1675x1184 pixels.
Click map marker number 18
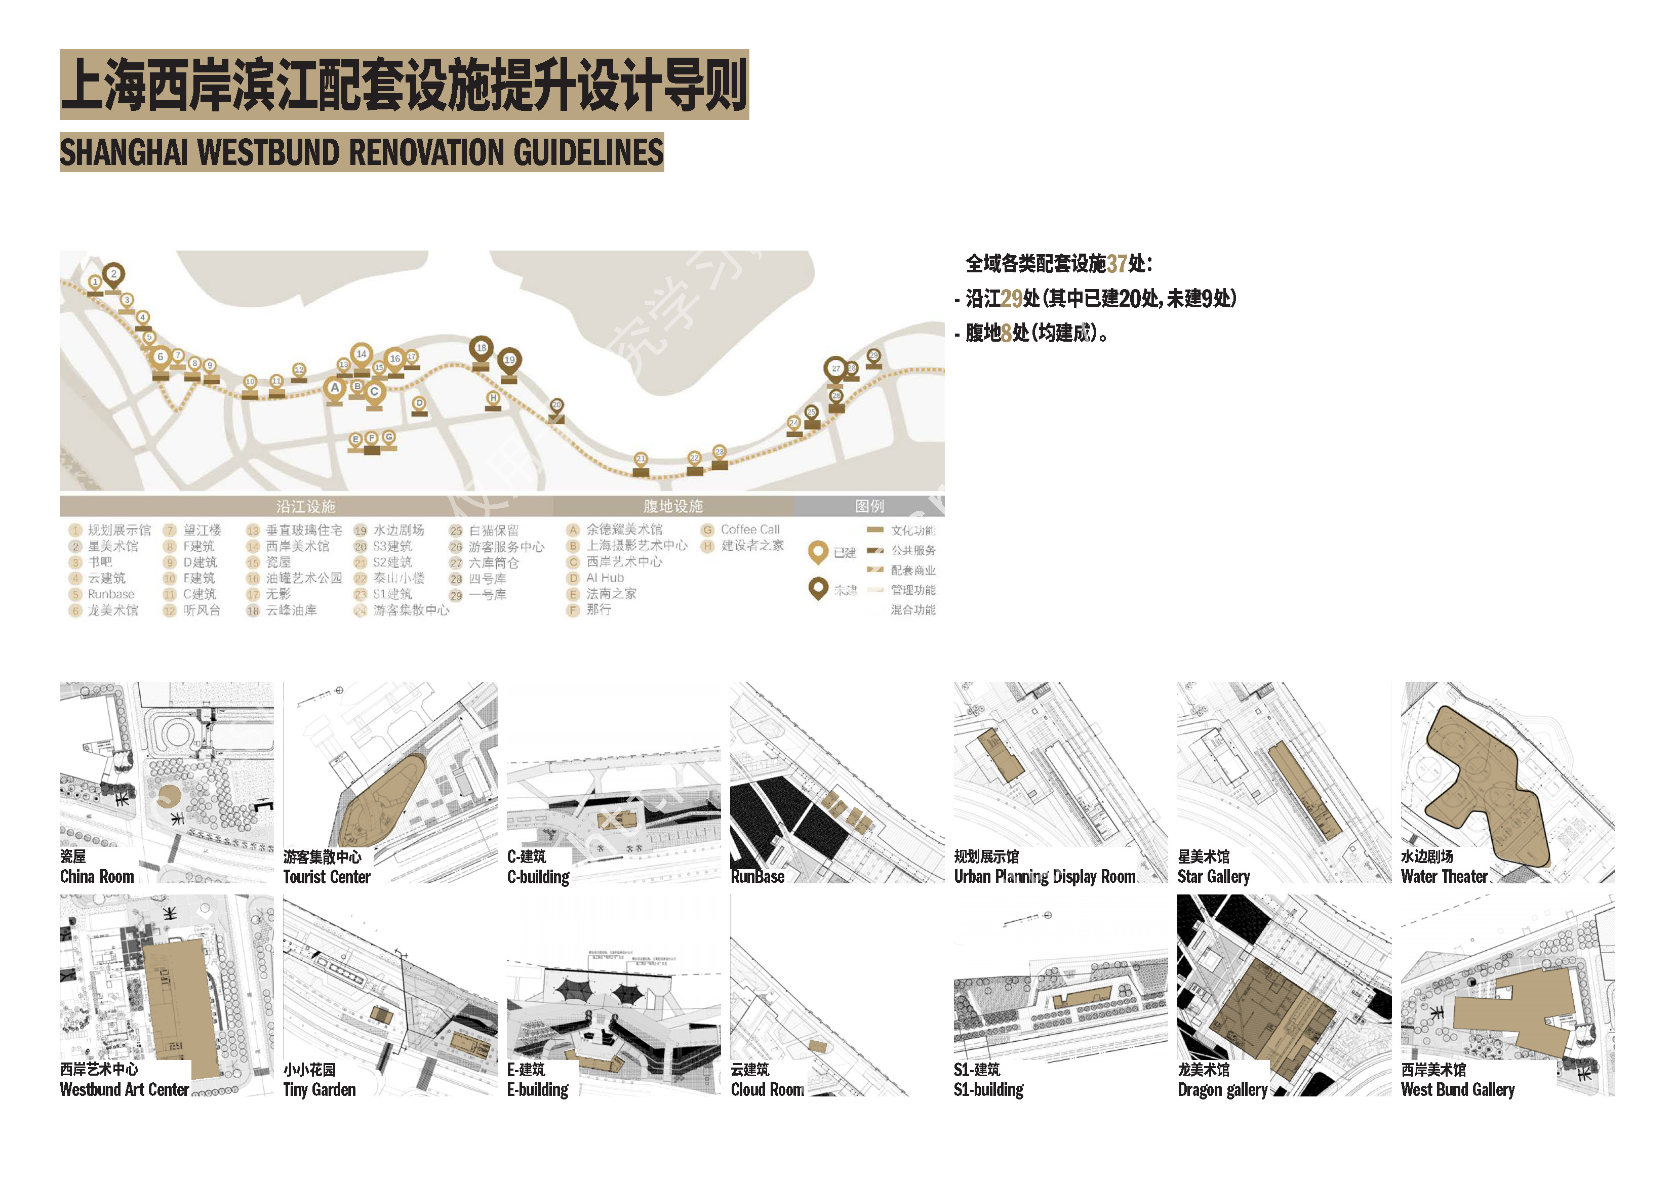[481, 349]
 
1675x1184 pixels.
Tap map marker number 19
[509, 359]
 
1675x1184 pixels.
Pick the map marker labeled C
[374, 392]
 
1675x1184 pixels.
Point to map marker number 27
[835, 369]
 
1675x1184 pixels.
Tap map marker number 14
[361, 354]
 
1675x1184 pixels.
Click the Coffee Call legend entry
[749, 529]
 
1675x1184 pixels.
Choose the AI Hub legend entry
[605, 578]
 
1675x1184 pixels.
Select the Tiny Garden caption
[320, 1089]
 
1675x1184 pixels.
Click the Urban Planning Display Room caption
[1044, 876]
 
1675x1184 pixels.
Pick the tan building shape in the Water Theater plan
[1481, 788]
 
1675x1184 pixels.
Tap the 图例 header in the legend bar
[869, 506]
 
